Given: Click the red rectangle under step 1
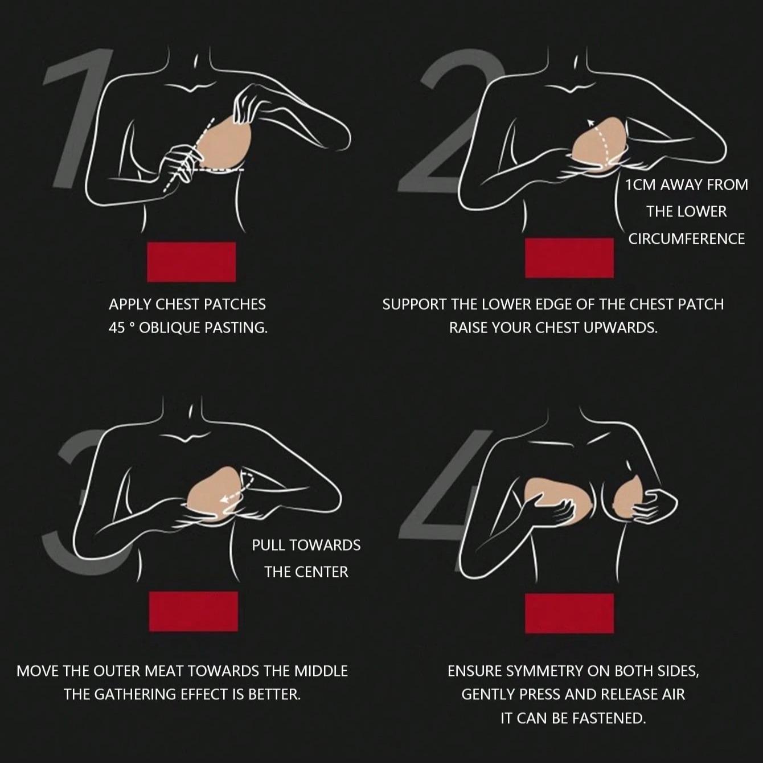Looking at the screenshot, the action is point(191,262).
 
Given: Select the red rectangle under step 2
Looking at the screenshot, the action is point(569,258).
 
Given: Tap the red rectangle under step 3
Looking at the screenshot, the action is point(194,612).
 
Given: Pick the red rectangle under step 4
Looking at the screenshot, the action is point(569,613).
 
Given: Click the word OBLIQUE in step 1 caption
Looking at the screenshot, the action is point(170,328).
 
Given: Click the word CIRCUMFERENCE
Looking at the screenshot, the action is point(687,239).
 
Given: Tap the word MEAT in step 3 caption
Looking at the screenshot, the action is point(165,671).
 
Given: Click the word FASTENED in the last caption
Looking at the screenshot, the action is point(610,718).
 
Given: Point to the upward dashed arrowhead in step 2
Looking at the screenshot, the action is point(591,122).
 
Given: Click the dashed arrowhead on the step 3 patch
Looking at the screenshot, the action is point(225,499).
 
